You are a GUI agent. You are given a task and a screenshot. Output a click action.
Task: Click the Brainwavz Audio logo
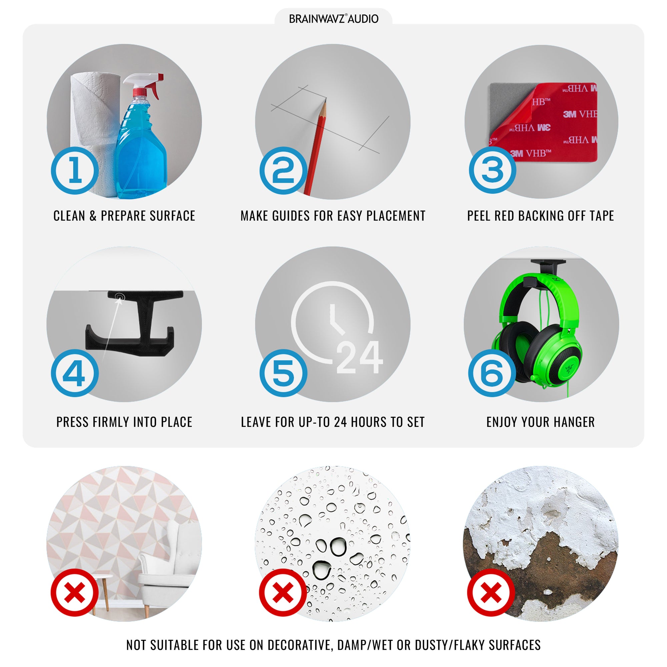click(333, 19)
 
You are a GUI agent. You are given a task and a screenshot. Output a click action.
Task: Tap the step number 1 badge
click(75, 170)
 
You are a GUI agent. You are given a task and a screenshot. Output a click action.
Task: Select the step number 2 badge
click(283, 170)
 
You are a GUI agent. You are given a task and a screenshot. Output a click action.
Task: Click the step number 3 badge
click(492, 169)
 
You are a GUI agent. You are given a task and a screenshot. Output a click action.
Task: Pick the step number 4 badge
click(75, 373)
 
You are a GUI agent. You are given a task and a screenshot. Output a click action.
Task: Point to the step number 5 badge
click(283, 373)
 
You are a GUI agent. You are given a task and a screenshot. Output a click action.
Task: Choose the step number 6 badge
click(492, 373)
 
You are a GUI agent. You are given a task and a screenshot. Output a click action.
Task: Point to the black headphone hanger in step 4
click(135, 323)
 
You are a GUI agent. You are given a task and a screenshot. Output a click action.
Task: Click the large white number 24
click(360, 357)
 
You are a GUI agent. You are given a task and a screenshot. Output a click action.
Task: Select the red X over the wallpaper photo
click(75, 593)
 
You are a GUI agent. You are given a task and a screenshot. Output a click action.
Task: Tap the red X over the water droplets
click(283, 593)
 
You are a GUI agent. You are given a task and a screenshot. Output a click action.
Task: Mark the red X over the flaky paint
click(491, 593)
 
